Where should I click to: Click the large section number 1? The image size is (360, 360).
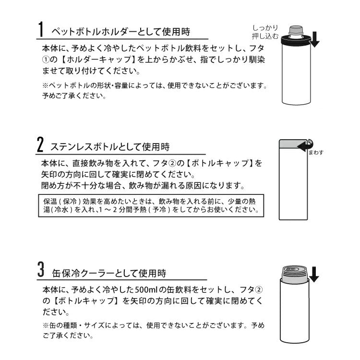pyautogui.click(x=41, y=31)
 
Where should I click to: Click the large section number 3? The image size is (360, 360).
pyautogui.click(x=41, y=272)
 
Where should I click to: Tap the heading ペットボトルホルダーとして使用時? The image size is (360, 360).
pyautogui.click(x=120, y=32)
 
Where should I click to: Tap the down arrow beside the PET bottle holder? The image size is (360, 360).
pyautogui.click(x=314, y=40)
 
